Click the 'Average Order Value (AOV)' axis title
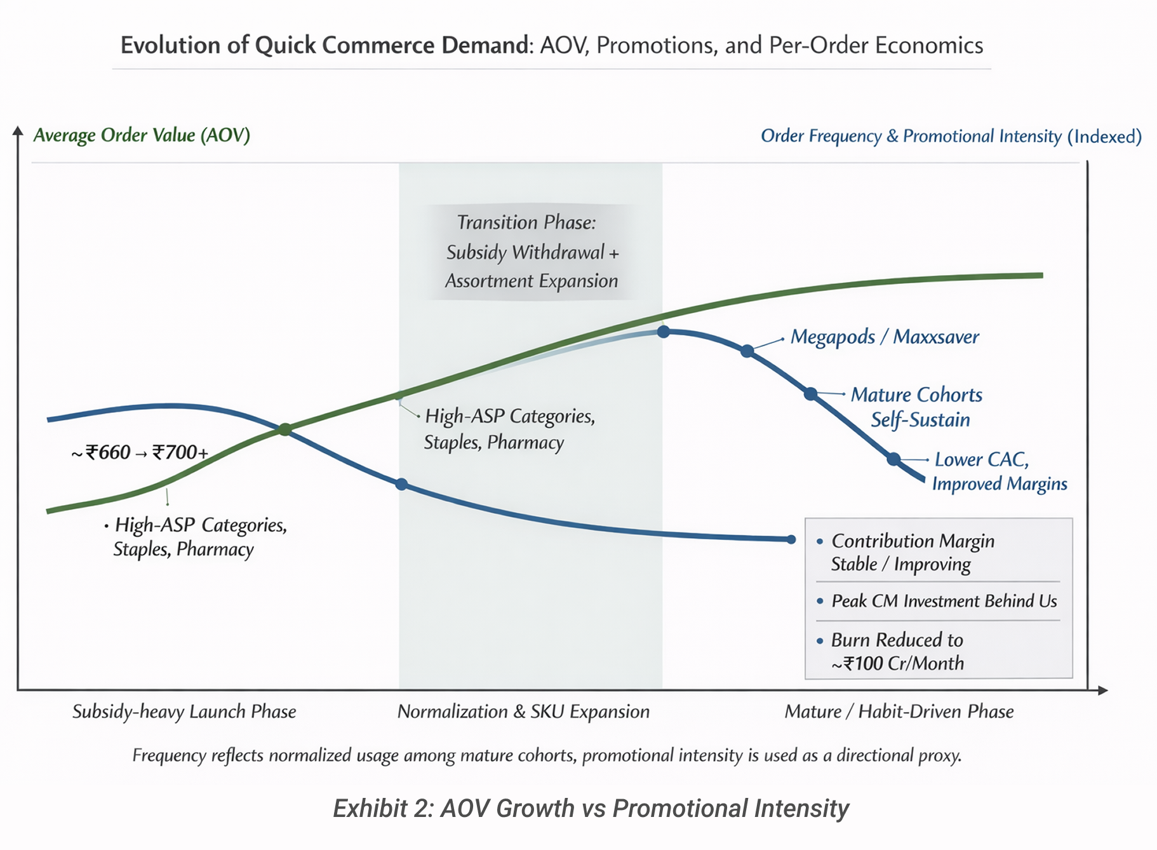click(142, 135)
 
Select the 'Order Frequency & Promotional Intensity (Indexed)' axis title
click(951, 136)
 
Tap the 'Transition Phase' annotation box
click(531, 252)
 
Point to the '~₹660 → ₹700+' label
click(140, 452)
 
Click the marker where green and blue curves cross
click(285, 429)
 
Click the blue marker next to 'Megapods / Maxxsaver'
click(747, 351)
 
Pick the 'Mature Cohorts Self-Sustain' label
click(916, 407)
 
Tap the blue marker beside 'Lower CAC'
click(893, 459)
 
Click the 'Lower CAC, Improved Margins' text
click(999, 471)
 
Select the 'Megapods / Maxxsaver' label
click(885, 337)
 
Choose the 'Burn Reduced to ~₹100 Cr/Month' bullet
click(897, 651)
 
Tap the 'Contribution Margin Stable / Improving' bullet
click(913, 552)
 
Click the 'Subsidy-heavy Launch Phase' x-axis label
click(184, 712)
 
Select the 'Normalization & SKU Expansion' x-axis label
click(523, 712)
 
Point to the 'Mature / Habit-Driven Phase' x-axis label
click(899, 712)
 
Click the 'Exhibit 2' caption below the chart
click(591, 808)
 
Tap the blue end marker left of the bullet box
click(791, 539)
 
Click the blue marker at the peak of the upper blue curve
click(664, 331)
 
